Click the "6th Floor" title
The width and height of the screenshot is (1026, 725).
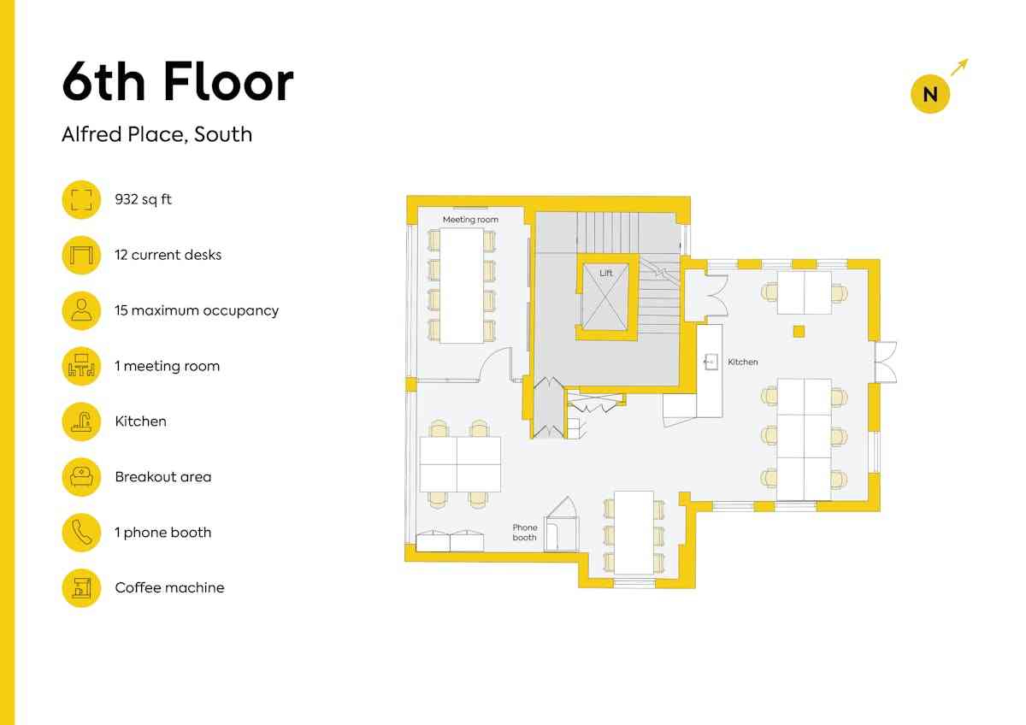178,82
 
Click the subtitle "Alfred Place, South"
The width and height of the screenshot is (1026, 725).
156,134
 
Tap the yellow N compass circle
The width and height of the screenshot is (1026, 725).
930,93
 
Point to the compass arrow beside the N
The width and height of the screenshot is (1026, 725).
959,67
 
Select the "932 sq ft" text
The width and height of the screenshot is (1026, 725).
143,199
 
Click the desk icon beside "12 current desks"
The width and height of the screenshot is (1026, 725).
81,255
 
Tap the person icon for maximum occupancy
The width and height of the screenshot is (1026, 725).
81,310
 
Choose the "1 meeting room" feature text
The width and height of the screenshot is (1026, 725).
168,366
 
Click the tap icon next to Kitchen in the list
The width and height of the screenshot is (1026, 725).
81,421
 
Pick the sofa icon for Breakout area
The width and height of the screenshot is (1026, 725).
81,477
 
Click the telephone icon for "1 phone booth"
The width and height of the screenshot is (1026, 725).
81,533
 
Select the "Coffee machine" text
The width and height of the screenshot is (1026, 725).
169,587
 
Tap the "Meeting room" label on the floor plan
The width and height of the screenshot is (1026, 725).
470,220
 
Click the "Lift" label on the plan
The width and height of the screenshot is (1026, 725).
605,273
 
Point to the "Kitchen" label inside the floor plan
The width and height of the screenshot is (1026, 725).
742,362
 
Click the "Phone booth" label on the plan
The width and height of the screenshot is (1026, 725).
524,532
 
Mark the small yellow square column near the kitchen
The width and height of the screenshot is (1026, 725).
799,331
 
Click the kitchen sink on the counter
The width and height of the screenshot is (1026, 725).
711,362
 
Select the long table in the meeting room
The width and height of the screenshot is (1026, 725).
462,286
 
